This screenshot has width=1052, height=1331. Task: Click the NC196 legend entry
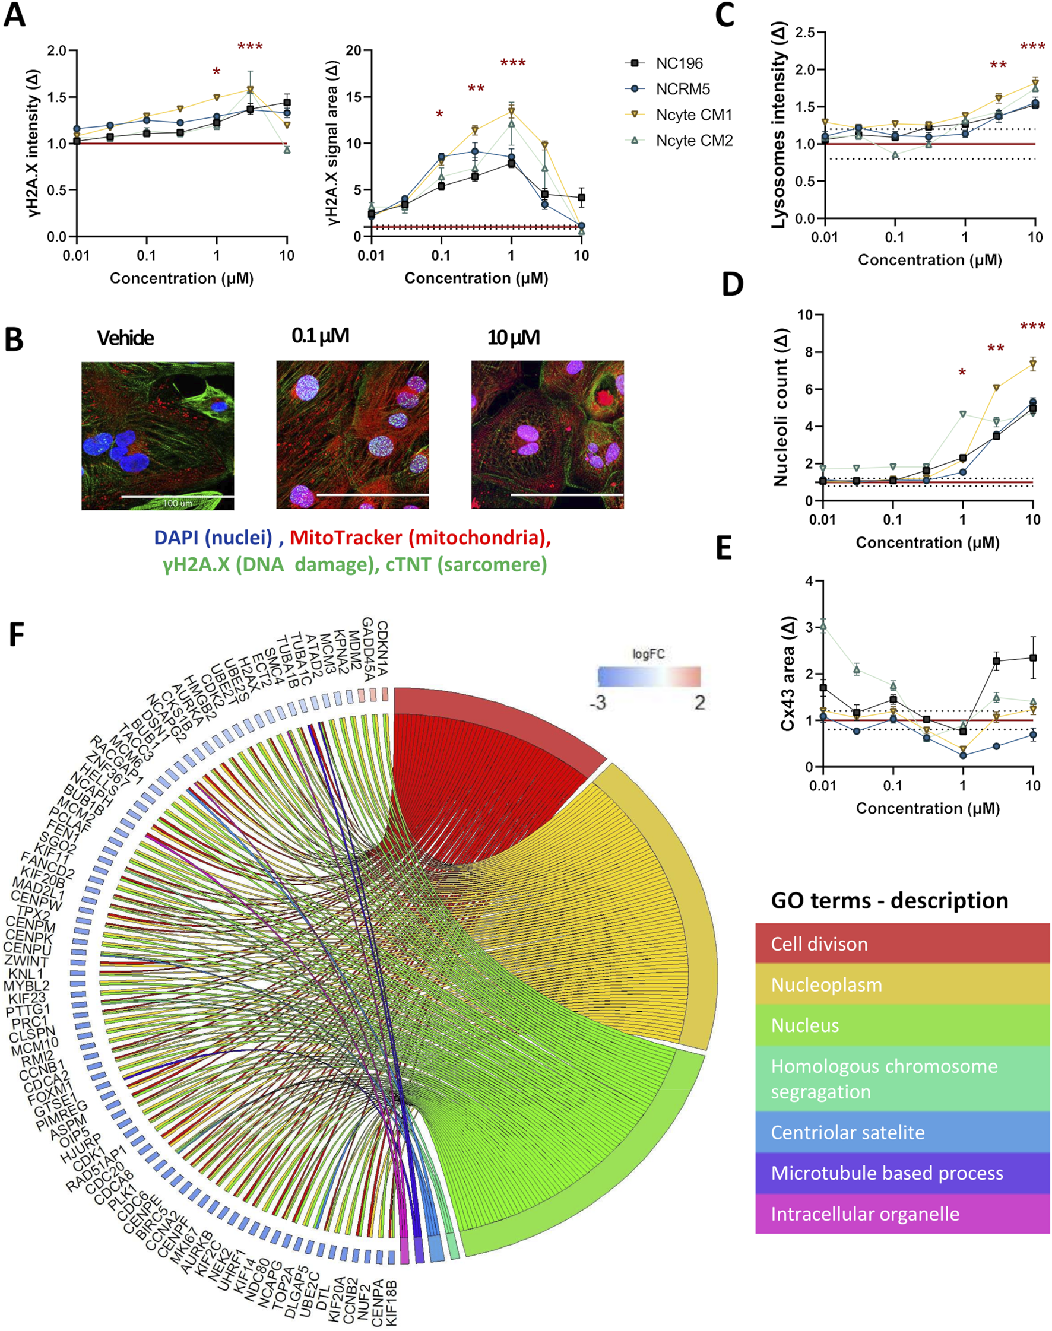(678, 63)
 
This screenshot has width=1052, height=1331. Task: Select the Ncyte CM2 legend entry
(693, 141)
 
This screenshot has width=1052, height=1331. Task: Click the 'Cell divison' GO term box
(902, 944)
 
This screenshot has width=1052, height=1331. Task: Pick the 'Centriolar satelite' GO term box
(902, 1132)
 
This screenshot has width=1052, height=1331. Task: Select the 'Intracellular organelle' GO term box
(902, 1214)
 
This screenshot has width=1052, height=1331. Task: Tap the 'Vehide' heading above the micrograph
(125, 338)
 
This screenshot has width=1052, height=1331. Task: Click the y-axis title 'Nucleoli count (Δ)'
(781, 407)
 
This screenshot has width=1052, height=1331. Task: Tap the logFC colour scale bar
(648, 676)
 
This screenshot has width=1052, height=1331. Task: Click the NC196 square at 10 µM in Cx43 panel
(1033, 657)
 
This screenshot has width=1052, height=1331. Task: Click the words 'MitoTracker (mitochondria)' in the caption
(420, 538)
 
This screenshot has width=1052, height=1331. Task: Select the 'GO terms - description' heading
(889, 901)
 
